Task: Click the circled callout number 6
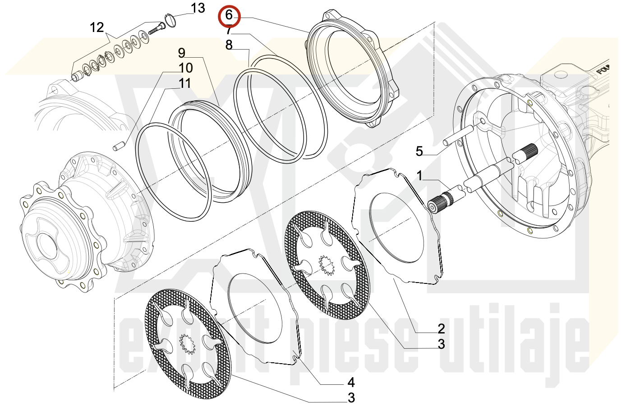point(229,16)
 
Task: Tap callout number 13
point(198,8)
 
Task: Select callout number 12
point(97,27)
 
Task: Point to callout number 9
point(182,53)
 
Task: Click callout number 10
point(186,68)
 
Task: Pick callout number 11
point(185,83)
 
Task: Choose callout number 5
point(419,151)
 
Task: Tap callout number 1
point(419,175)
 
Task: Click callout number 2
point(441,328)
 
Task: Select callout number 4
point(351,382)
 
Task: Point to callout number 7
point(229,31)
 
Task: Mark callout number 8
point(229,45)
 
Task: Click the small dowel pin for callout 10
point(118,146)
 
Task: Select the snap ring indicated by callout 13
point(168,20)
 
